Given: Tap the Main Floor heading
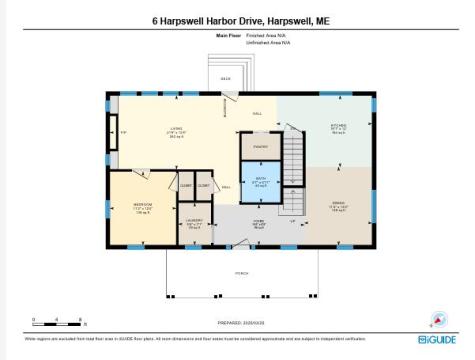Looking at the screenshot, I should (x=229, y=35).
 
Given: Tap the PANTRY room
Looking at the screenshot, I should (x=259, y=147).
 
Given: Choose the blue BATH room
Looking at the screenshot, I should (x=259, y=182).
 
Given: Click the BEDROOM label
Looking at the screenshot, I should (x=141, y=210).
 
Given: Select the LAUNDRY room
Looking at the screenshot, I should (x=195, y=225).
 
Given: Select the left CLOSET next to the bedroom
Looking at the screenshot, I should (x=186, y=186).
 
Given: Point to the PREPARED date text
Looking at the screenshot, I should (x=238, y=323).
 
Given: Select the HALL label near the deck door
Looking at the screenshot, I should (x=256, y=113).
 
